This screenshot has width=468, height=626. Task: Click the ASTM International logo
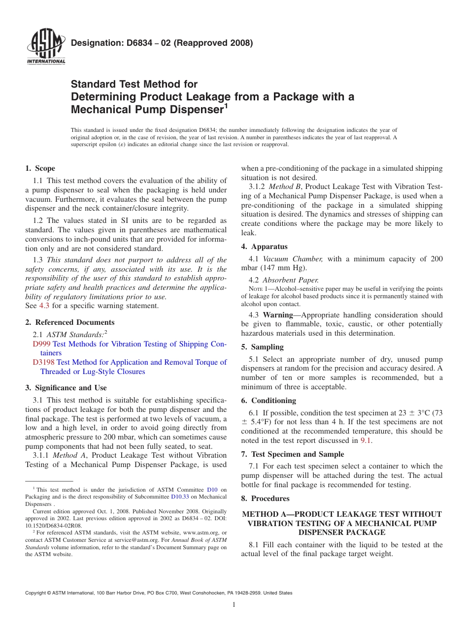(46, 47)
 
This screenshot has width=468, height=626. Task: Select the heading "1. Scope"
(40, 168)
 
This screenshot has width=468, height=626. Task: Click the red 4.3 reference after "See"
(44, 306)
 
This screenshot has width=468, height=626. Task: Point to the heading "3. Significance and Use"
(66, 388)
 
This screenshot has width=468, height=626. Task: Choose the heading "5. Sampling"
(262, 347)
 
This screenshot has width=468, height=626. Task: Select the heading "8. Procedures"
(265, 499)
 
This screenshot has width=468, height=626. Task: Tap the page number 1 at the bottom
(234, 605)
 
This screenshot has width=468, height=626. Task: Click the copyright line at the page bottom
(159, 593)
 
